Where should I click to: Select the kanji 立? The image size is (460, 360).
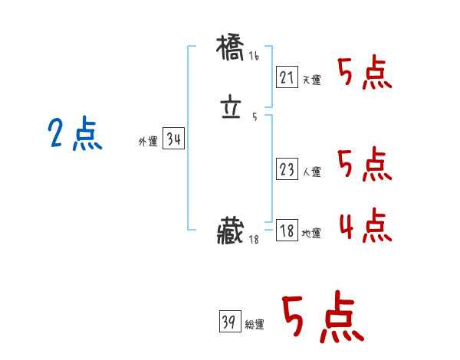[x=232, y=110]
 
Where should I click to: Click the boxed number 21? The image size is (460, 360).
[x=287, y=77]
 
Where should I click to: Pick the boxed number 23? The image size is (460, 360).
[x=287, y=170]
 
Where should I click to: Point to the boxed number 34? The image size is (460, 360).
[x=173, y=139]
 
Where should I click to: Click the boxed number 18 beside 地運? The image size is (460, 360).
[x=287, y=231]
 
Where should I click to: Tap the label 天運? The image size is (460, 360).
[x=311, y=80]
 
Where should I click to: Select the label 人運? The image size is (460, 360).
[x=311, y=172]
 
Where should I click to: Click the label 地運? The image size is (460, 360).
[x=311, y=233]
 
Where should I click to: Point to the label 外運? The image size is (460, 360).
[x=148, y=142]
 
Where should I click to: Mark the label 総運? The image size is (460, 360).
[x=255, y=325]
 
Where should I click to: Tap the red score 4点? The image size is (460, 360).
[x=365, y=225]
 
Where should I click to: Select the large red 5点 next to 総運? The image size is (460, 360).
[x=322, y=319]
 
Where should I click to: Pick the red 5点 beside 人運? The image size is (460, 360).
[x=365, y=165]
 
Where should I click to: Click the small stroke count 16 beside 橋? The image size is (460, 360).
[x=254, y=57]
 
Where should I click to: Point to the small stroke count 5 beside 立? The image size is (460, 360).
[x=254, y=117]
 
